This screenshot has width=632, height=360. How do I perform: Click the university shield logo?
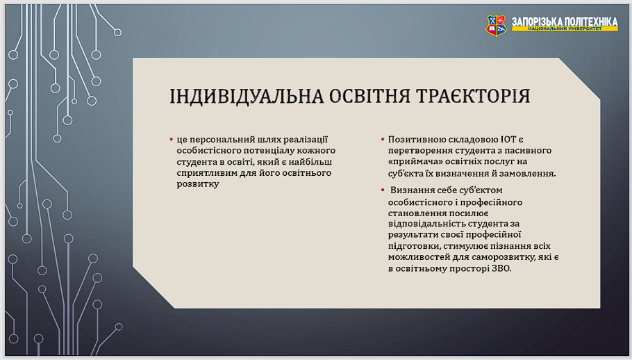point(496,26)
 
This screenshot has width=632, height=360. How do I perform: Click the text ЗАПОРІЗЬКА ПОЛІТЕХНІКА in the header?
point(565,22)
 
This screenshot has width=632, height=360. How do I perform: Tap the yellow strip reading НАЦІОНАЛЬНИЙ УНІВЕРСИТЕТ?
point(565,28)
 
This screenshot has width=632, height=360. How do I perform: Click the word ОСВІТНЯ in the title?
point(369,97)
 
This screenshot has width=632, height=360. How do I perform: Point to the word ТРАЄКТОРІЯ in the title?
point(473,97)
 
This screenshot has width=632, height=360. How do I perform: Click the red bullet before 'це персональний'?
point(172,140)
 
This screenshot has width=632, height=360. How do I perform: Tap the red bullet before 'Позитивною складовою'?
point(383,140)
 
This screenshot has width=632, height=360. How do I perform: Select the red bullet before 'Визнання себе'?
point(383,190)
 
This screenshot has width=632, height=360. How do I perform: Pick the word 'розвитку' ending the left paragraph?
point(198,184)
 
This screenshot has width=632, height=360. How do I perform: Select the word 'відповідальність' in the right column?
point(421,224)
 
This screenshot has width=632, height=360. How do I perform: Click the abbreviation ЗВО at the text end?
point(501,268)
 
